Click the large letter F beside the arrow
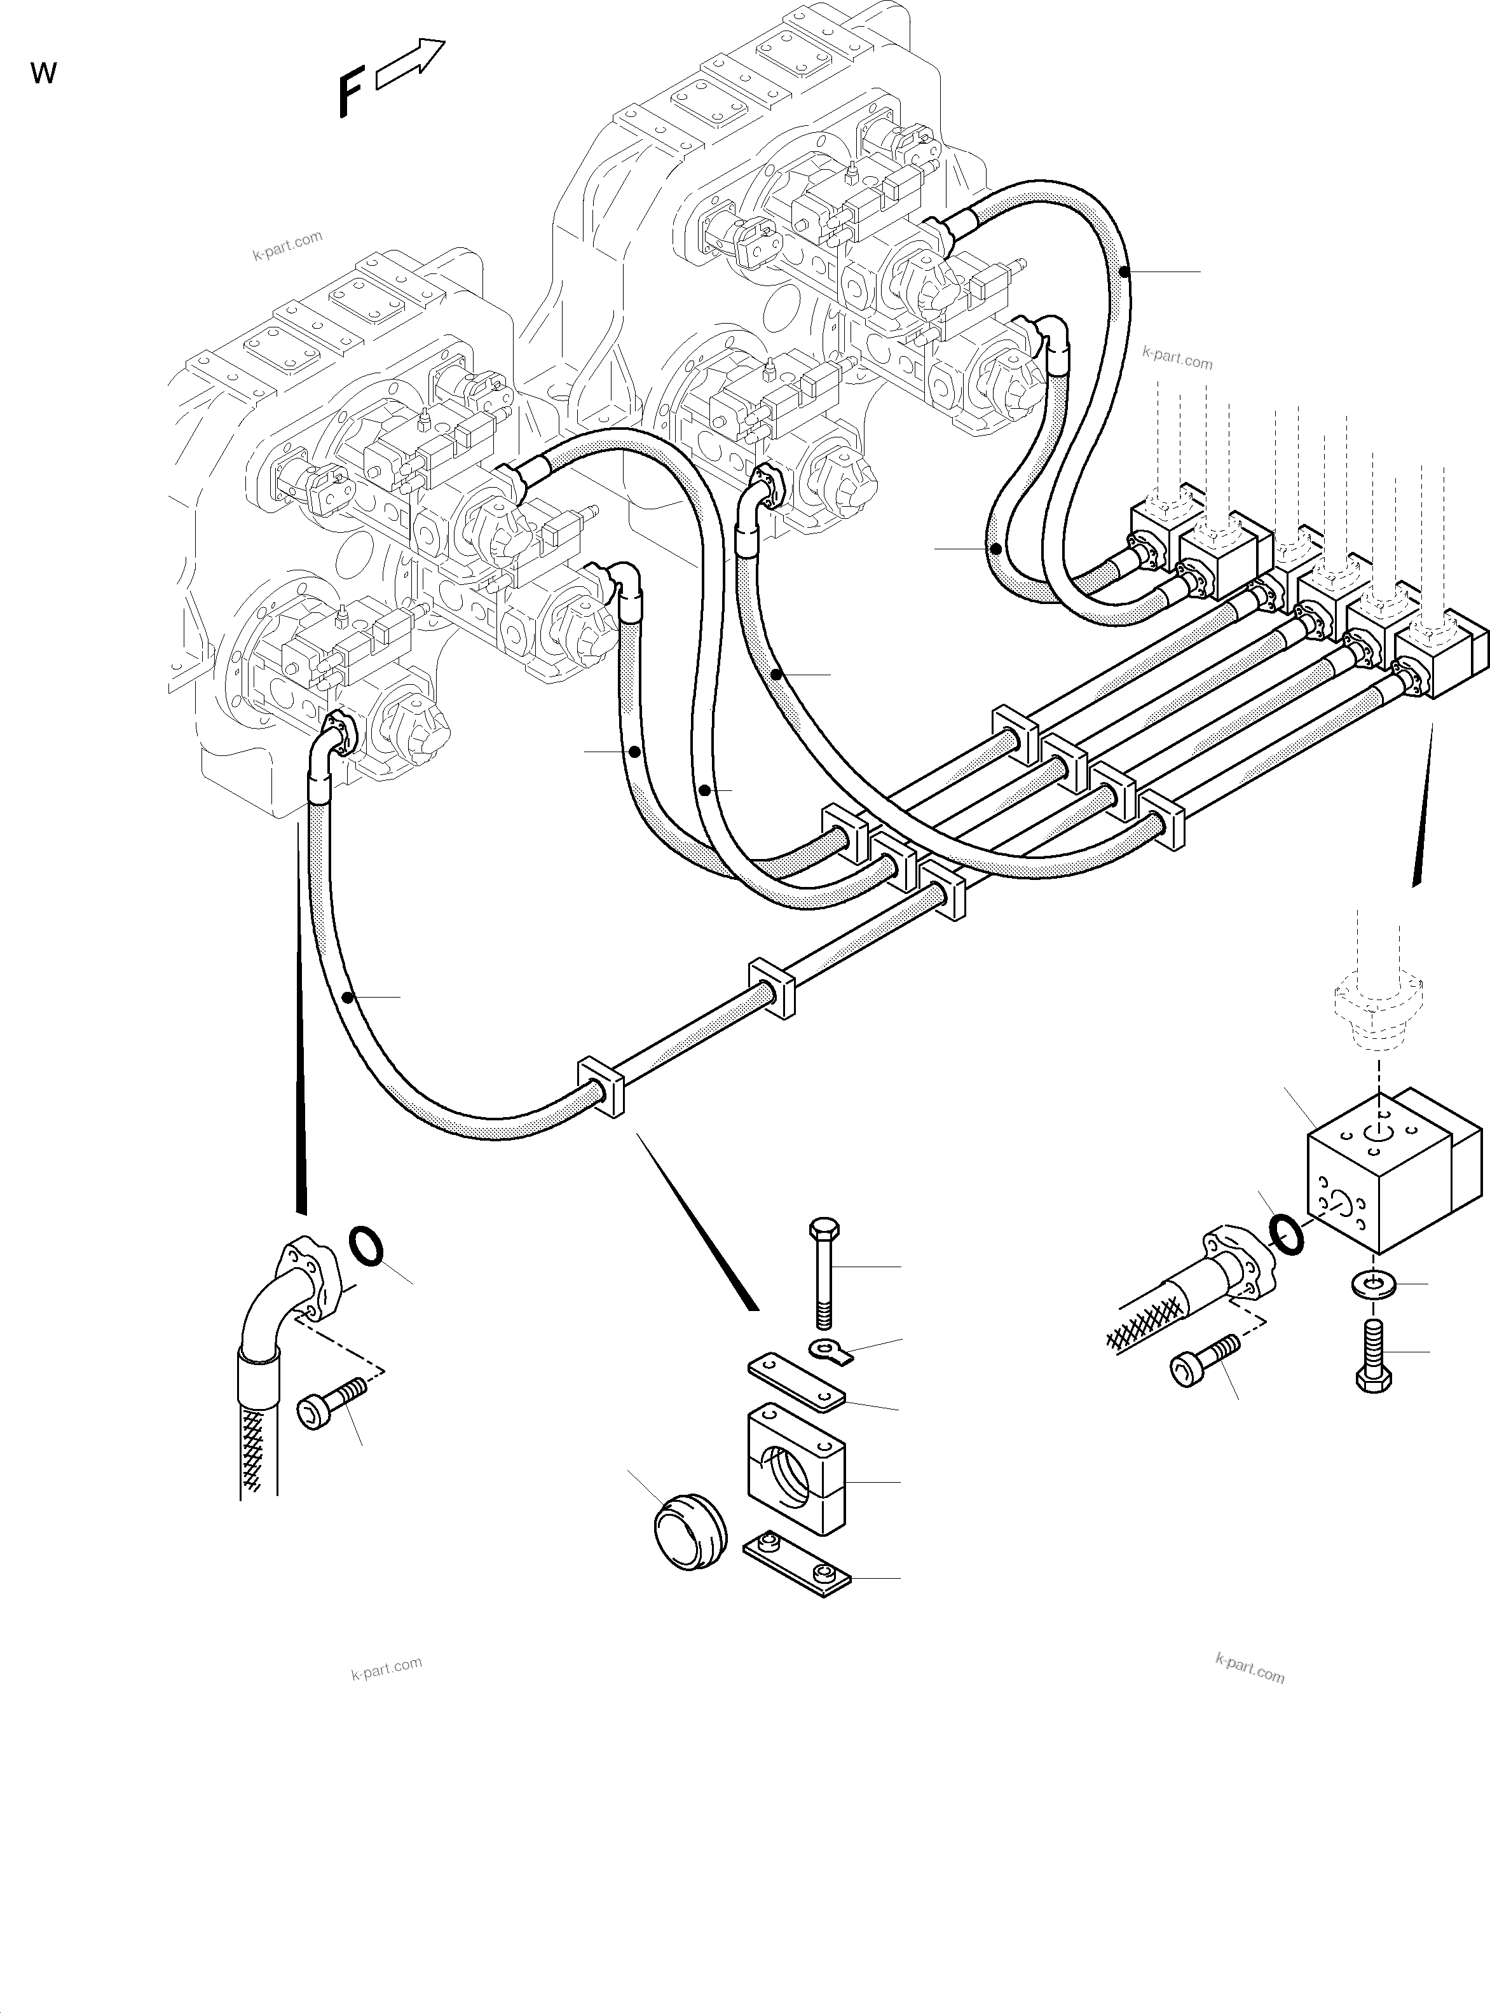click(351, 95)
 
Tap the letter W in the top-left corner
click(43, 73)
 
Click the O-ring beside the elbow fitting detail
click(366, 1246)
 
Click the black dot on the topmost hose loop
click(1124, 271)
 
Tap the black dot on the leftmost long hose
click(349, 996)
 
